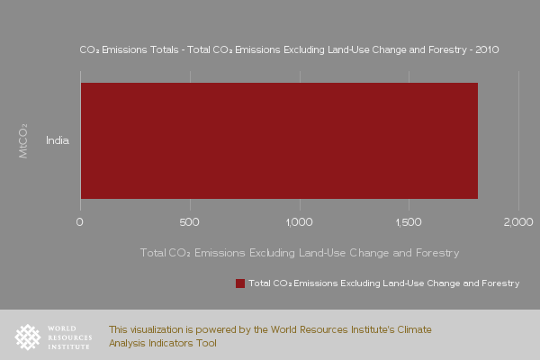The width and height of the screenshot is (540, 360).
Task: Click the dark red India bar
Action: click(279, 140)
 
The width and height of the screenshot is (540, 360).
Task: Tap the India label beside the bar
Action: click(58, 140)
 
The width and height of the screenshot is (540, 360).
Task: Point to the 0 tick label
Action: click(79, 222)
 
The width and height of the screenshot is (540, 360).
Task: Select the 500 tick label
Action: click(189, 222)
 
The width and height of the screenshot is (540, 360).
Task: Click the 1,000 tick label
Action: click(300, 222)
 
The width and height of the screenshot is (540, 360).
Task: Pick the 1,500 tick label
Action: click(409, 222)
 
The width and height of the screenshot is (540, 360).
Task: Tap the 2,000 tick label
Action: click(518, 222)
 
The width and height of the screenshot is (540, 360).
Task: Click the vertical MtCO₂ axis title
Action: click(23, 141)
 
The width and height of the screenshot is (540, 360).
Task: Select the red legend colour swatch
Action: click(240, 283)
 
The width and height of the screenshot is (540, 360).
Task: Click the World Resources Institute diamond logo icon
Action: click(28, 337)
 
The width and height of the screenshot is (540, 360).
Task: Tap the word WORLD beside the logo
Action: click(62, 328)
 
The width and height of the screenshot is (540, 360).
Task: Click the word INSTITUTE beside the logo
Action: click(69, 346)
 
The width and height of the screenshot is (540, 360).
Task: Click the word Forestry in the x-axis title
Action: click(437, 253)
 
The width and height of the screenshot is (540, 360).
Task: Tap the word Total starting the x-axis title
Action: click(153, 253)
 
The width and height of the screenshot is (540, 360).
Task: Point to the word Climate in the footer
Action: click(414, 329)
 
